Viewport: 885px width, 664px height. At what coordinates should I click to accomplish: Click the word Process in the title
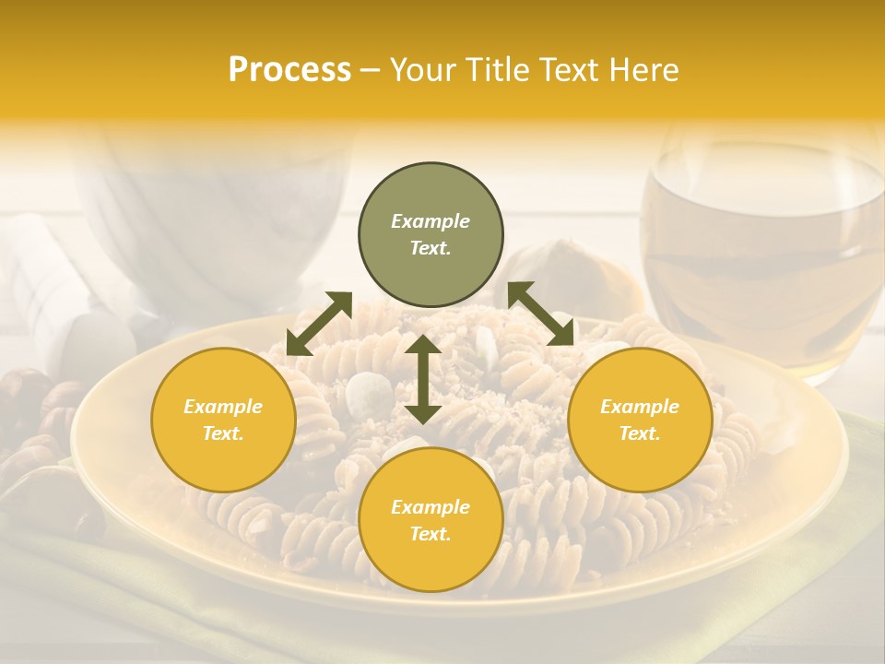pos(289,70)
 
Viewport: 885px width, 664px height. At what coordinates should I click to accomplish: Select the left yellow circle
pos(223,420)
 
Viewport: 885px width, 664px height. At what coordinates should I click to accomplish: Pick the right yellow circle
pos(640,420)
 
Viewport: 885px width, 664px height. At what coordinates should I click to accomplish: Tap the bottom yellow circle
pos(431,519)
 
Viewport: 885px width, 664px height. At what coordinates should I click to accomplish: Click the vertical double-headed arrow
pos(423,379)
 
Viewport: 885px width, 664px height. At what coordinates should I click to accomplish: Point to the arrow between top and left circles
pos(319,323)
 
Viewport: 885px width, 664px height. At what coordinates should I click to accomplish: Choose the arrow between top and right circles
pos(541,314)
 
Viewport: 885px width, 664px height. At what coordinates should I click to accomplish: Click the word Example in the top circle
pos(431,221)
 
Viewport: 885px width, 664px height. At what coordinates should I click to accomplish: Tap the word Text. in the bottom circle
pos(431,534)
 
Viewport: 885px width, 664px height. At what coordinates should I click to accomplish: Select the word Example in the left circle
pos(223,407)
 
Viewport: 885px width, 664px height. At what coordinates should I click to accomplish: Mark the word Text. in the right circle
pos(640,433)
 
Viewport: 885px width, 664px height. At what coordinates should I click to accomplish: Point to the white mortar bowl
pos(212,212)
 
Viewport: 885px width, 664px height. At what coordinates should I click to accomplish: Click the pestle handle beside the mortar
pos(55,286)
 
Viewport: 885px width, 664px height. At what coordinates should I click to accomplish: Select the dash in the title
pos(371,70)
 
